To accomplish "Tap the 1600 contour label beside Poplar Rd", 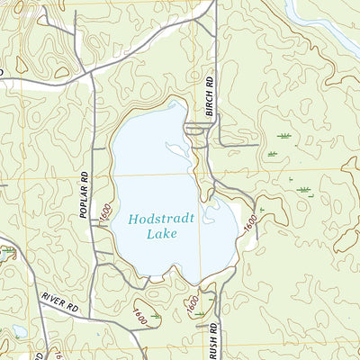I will click(x=105, y=215).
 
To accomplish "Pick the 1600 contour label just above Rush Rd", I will click(x=192, y=304).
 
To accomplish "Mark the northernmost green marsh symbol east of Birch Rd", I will click(x=285, y=136).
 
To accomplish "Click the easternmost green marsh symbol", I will click(x=304, y=190).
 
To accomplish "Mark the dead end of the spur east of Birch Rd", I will click(x=258, y=145).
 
